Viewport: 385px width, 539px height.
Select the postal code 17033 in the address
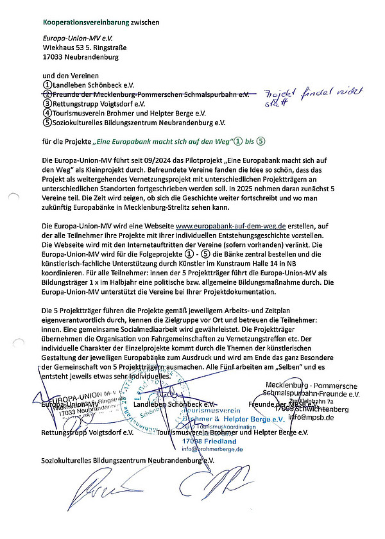(54, 56)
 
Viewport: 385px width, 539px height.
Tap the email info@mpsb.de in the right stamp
(311, 418)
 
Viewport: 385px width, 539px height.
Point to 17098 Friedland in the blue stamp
(209, 441)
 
